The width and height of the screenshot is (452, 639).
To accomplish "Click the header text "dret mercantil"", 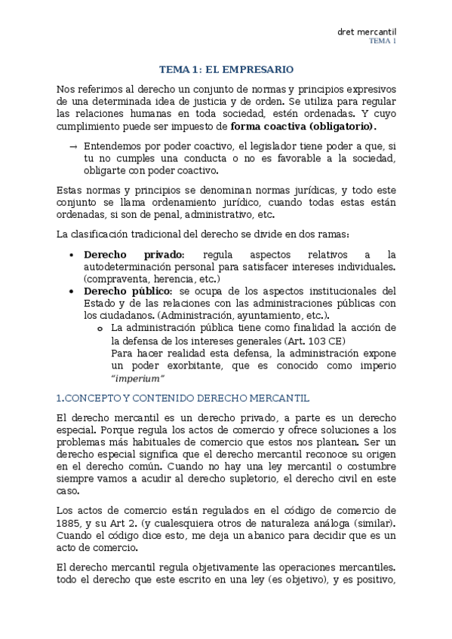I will (x=367, y=31).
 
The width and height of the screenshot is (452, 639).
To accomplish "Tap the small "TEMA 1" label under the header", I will (x=383, y=41).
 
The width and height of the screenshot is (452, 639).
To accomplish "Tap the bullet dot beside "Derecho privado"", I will (x=71, y=255).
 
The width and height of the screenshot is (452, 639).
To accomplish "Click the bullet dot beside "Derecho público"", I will (x=71, y=292).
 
